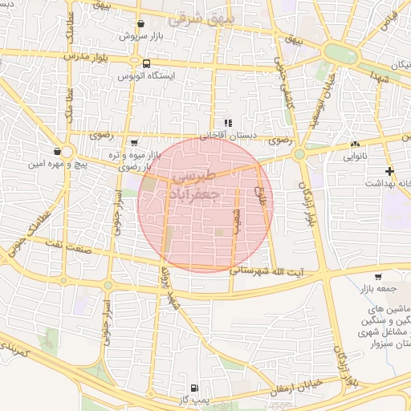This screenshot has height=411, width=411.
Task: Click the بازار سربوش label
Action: point(141,36)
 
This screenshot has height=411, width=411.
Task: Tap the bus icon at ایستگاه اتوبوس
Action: point(146,63)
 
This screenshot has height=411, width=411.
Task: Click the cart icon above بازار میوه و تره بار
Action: point(133,142)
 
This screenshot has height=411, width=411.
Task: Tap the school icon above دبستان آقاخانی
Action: point(228,124)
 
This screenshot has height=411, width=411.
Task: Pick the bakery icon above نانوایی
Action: point(354,144)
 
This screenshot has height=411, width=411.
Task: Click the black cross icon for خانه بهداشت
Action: point(389,171)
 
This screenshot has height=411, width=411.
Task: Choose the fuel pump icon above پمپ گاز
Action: point(193,386)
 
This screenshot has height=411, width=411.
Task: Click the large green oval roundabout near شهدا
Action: point(340,55)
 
